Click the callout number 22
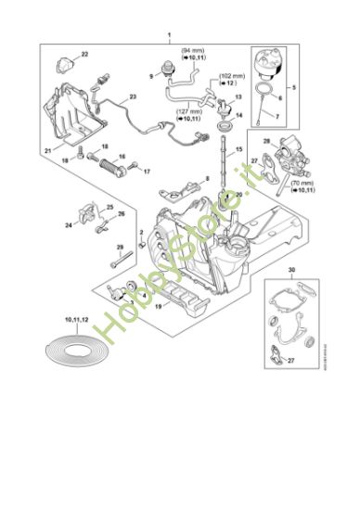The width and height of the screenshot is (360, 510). click(85, 56)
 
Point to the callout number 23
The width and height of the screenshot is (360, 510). click(132, 96)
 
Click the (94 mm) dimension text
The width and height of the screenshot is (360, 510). click(193, 49)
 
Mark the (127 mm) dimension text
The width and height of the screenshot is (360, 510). click(186, 112)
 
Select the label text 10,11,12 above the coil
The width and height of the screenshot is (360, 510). click(77, 319)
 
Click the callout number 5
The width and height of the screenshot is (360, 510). click(295, 87)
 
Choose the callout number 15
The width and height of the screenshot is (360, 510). click(238, 149)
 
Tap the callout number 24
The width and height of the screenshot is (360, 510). click(69, 224)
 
